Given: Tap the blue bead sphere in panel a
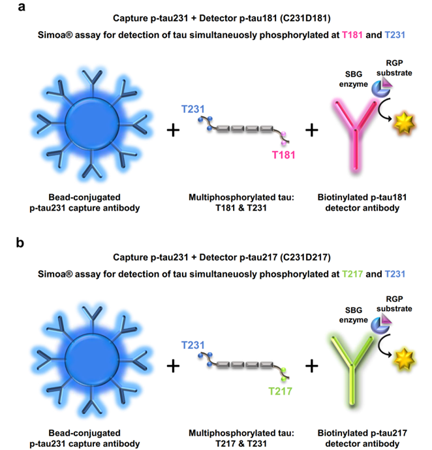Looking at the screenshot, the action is pos(92,124).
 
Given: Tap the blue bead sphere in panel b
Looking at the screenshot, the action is pos(92,360).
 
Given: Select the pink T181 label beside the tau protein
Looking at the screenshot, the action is pos(283,155).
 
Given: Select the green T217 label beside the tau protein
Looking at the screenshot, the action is pos(280,391).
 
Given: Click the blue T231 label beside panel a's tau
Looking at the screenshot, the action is pos(193,109).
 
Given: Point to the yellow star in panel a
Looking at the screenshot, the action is pos(404,123).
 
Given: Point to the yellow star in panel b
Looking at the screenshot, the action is pos(404,359).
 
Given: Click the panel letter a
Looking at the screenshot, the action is pos(22,7).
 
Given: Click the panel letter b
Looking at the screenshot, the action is pos(20,242).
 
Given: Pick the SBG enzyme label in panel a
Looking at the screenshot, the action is pos(354,79).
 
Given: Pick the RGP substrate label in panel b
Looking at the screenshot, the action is pos(394,304).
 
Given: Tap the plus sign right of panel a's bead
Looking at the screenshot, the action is pos(173,130).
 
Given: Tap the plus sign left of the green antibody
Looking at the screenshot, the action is pos(312,366).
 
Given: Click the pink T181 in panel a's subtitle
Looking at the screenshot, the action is pos(352,35).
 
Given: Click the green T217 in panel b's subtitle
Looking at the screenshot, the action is pos(352,274).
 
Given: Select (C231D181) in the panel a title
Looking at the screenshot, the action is pos(305,18).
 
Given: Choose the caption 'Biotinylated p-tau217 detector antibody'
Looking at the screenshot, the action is pos(362,438).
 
